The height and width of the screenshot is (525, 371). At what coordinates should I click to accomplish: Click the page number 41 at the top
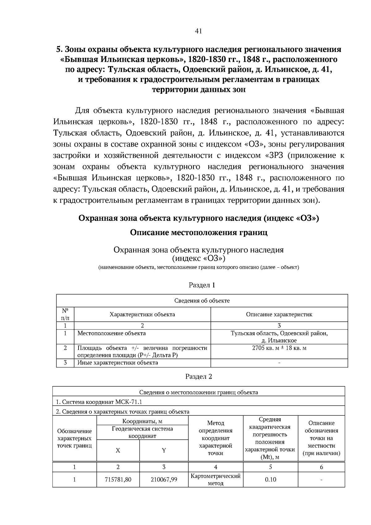[x=198, y=31]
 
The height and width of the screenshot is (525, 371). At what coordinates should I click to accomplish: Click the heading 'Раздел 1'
[x=202, y=285]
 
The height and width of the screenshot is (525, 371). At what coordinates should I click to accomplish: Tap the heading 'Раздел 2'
[x=198, y=377]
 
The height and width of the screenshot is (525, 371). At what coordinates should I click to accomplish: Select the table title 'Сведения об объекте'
[x=202, y=300]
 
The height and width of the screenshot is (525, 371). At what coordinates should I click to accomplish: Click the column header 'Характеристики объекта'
[x=142, y=314]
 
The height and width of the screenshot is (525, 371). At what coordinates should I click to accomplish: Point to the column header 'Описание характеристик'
[x=279, y=314]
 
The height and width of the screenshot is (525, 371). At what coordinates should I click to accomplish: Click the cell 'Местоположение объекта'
[x=111, y=333]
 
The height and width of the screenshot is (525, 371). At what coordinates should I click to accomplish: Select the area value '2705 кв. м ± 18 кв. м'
[x=279, y=348]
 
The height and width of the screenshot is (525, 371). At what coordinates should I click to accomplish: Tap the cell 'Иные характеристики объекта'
[x=117, y=363]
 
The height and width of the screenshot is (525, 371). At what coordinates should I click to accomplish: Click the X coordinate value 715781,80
[x=118, y=480]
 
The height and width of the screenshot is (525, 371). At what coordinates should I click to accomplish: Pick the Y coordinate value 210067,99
[x=164, y=480]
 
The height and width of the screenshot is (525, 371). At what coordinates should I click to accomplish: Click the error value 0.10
[x=271, y=480]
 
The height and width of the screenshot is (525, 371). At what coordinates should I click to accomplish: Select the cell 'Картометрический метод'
[x=215, y=480]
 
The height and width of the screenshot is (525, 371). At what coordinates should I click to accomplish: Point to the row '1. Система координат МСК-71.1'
[x=99, y=402]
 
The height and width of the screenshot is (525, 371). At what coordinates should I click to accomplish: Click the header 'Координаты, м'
[x=142, y=421]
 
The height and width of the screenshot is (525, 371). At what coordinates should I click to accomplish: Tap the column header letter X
[x=118, y=450]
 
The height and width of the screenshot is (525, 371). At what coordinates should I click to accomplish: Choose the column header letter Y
[x=164, y=450]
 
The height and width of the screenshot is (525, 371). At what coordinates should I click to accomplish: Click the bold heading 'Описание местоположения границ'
[x=198, y=232]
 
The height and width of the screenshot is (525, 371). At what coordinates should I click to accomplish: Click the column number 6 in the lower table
[x=321, y=467]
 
